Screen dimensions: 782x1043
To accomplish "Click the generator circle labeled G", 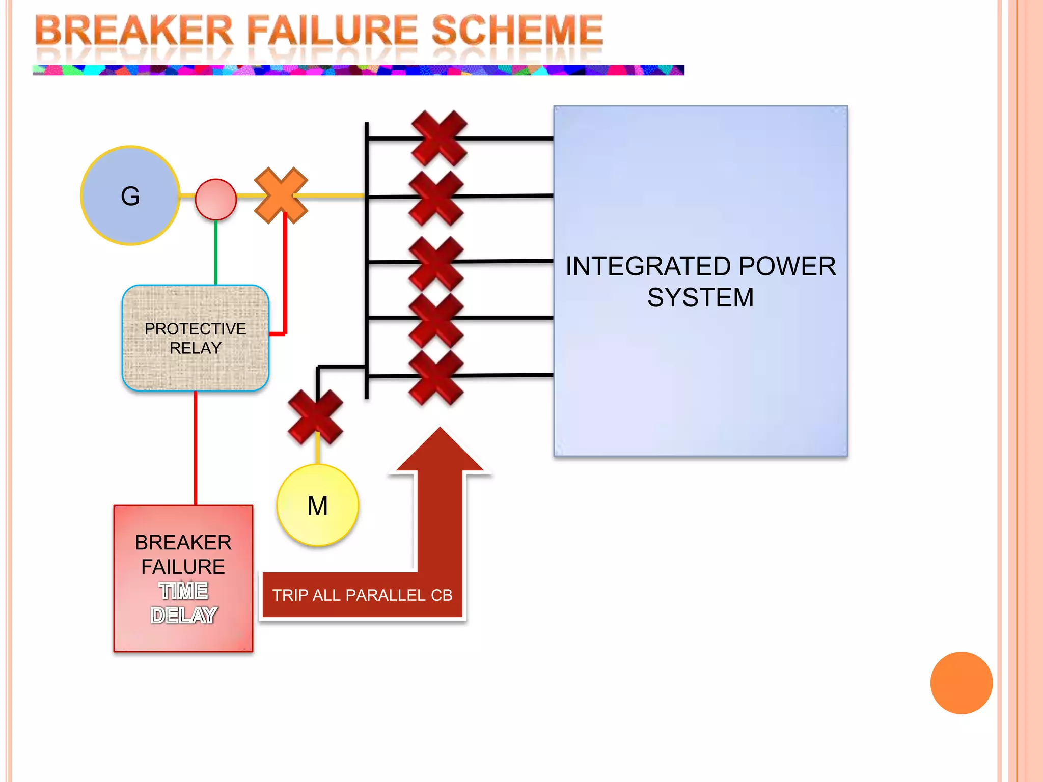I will (130, 196).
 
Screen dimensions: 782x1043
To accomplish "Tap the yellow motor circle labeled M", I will (318, 506).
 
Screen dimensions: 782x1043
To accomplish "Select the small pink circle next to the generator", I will (216, 200).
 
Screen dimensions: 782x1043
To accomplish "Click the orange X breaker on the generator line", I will (281, 195).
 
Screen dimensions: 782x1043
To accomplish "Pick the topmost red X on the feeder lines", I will (439, 138).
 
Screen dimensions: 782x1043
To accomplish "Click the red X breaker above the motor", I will (315, 416).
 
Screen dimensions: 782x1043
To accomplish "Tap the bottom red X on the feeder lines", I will (436, 377).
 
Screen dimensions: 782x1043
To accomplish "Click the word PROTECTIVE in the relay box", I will (195, 329).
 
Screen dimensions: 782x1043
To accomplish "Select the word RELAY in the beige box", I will (195, 348).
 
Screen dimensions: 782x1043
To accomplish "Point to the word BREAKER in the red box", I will (183, 543).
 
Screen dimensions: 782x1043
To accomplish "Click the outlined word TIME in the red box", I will (183, 591).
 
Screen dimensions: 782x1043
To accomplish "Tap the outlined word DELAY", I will (184, 616).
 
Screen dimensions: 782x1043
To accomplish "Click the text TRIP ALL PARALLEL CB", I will (362, 595).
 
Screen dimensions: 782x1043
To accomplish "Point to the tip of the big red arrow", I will (440, 430).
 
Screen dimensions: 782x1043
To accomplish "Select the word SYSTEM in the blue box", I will (700, 298).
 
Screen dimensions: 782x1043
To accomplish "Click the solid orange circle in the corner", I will (961, 683).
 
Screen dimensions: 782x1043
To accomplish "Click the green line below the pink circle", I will (216, 252).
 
